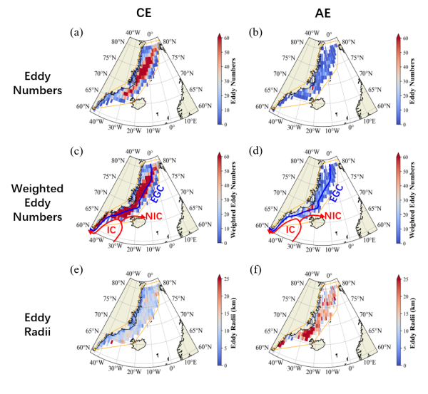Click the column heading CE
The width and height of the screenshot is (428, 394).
pyautogui.click(x=131, y=12)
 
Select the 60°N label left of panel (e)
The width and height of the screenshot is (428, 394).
pyautogui.click(x=83, y=348)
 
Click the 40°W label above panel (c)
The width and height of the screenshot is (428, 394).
pyautogui.click(x=133, y=152)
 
